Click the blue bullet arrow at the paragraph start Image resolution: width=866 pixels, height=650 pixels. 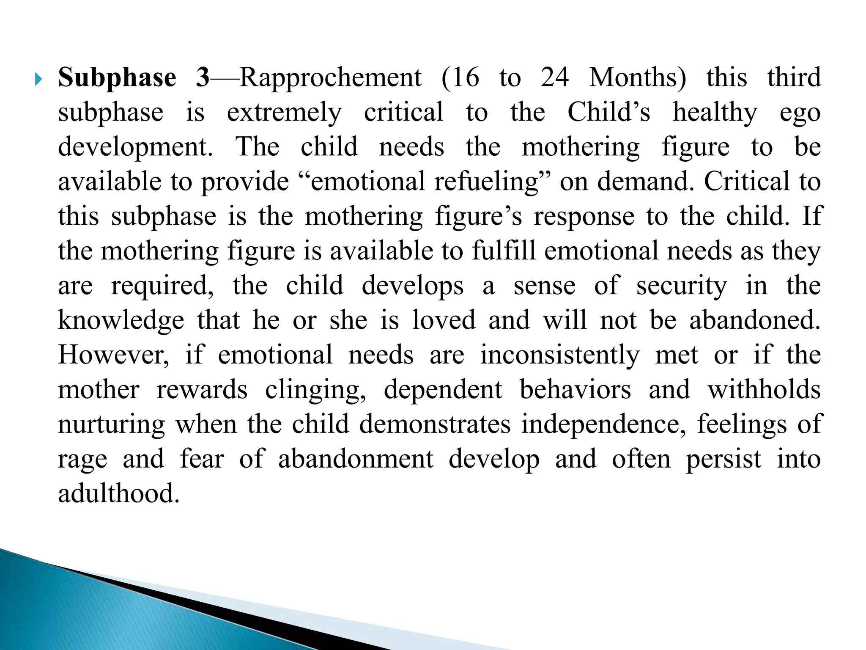39,79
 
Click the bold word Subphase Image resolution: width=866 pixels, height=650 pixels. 117,78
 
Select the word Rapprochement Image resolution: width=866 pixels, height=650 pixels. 331,78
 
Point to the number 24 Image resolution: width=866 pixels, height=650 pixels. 555,78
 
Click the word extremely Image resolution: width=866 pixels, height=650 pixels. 284,113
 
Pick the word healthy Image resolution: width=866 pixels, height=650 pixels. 715,113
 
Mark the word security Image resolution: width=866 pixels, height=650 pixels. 682,286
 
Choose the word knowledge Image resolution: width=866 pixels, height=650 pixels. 121,321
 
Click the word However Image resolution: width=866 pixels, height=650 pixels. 113,355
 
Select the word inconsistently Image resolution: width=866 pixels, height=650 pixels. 560,355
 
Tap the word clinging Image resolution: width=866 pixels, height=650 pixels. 315,390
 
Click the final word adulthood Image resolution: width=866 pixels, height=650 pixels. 119,494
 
